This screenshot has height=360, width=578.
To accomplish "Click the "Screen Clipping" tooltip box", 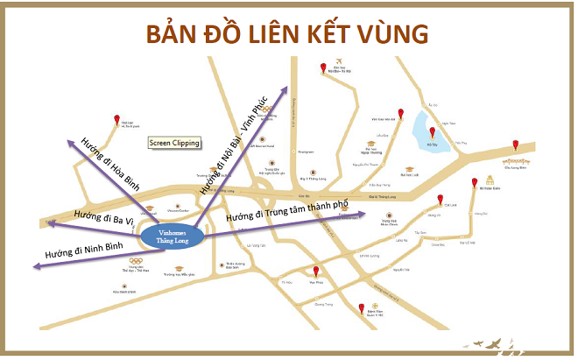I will pyautogui.click(x=174, y=143).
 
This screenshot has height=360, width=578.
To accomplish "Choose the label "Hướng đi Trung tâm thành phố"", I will pyautogui.click(x=287, y=211).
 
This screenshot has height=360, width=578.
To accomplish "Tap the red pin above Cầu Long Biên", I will pyautogui.click(x=517, y=145).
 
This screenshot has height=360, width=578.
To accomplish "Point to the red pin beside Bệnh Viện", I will pyautogui.click(x=361, y=308).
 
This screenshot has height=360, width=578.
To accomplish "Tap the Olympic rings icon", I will pyautogui.click(x=135, y=261).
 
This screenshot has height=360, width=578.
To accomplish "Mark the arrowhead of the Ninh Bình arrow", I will pyautogui.click(x=32, y=262).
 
